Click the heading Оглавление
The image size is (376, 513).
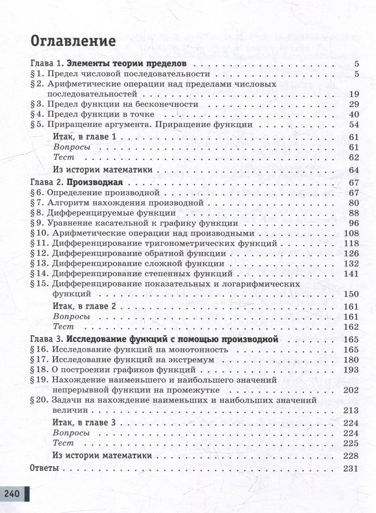(x=73, y=41)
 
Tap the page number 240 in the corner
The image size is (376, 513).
(x=12, y=493)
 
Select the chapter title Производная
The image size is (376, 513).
(x=95, y=182)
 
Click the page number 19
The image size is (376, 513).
(x=354, y=94)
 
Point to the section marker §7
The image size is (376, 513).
(x=37, y=203)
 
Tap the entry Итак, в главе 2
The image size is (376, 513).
(x=84, y=306)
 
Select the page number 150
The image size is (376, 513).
(x=351, y=294)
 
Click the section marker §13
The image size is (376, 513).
(x=39, y=264)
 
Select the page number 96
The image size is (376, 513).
(x=354, y=223)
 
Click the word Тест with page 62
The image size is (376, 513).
(x=64, y=157)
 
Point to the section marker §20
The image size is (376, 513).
(x=39, y=400)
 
